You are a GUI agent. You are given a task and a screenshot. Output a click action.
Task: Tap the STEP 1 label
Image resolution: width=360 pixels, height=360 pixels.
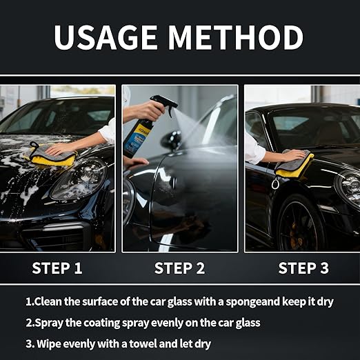click(x=57, y=268)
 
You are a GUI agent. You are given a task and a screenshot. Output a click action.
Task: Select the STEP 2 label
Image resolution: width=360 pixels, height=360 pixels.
click(x=179, y=268)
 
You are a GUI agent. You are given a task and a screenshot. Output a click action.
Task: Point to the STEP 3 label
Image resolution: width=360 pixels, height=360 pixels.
click(x=303, y=268)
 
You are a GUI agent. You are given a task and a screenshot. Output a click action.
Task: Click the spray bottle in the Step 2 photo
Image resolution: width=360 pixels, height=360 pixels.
click(x=139, y=130)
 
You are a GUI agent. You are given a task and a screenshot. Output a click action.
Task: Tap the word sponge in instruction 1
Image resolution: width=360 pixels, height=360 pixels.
click(x=246, y=301)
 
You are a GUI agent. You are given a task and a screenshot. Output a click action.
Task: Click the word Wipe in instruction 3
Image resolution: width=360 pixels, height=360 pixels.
click(x=51, y=343)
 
